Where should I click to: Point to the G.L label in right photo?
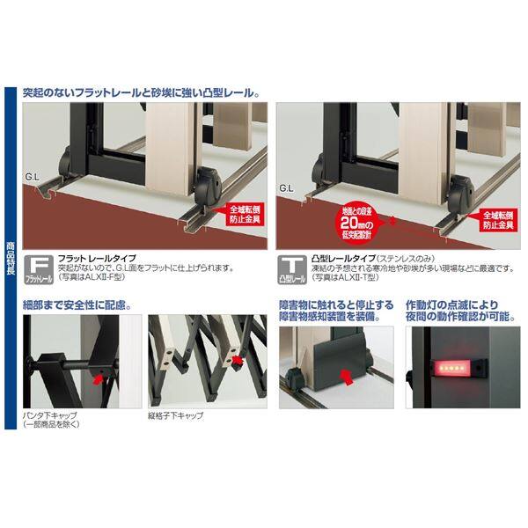(x=285, y=187)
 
